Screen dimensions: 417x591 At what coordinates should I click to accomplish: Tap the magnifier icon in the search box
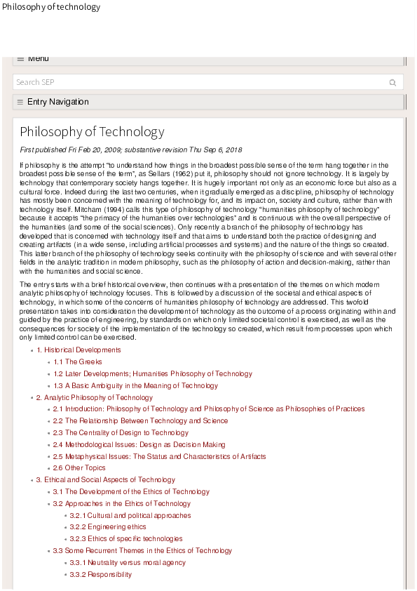click(x=392, y=82)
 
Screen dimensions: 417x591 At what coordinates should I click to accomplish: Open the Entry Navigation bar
click(x=57, y=102)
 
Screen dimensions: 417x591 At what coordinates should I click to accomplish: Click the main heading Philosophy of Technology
click(x=92, y=132)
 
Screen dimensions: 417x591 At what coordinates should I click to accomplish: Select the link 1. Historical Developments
click(x=78, y=350)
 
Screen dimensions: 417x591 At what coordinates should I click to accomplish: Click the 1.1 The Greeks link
click(x=78, y=362)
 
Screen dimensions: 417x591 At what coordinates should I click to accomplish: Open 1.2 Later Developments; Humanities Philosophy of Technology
click(x=153, y=374)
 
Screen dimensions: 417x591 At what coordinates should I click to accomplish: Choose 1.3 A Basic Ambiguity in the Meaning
click(x=136, y=386)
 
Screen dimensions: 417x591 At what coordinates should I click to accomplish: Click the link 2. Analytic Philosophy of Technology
click(x=94, y=398)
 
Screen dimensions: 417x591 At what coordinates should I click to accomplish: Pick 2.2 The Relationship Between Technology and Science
click(x=140, y=421)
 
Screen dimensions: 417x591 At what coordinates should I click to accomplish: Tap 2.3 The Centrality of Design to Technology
click(x=121, y=433)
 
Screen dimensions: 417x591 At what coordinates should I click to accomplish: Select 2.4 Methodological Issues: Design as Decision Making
click(x=139, y=445)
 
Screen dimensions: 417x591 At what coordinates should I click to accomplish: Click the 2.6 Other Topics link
click(x=79, y=468)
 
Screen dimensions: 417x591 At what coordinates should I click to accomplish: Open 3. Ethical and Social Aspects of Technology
click(x=105, y=480)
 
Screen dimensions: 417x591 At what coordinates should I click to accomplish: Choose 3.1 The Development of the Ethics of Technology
click(x=131, y=492)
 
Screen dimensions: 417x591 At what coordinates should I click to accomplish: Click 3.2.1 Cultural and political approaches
click(x=130, y=516)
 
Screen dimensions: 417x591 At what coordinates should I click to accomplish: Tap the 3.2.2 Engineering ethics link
click(x=107, y=527)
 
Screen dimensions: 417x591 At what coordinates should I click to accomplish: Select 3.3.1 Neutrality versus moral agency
click(x=128, y=563)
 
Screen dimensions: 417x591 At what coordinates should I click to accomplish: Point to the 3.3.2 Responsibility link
click(x=100, y=575)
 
